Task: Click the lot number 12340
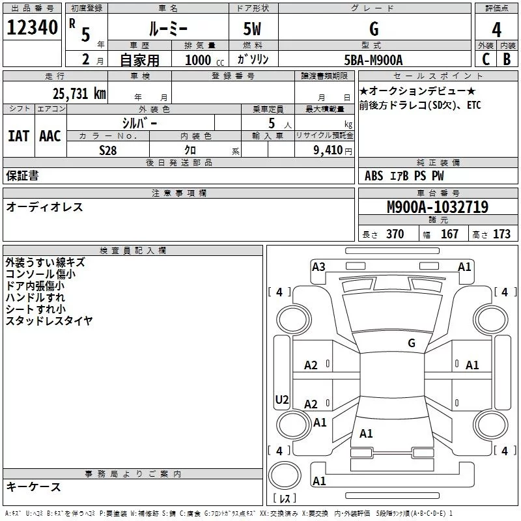click(x=32, y=28)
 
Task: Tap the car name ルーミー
click(x=167, y=29)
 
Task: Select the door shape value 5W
click(x=253, y=29)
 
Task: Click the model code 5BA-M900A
click(x=373, y=60)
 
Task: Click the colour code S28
click(x=108, y=150)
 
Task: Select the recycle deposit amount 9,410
click(x=328, y=150)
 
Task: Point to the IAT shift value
click(x=18, y=136)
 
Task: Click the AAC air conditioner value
click(x=49, y=136)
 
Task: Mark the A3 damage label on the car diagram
click(x=318, y=266)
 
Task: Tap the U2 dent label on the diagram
click(x=282, y=400)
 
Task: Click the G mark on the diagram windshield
click(x=412, y=343)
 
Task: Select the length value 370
click(x=395, y=234)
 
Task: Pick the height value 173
click(x=501, y=234)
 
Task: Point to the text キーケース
click(x=33, y=486)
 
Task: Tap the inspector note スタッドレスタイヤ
click(x=49, y=320)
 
